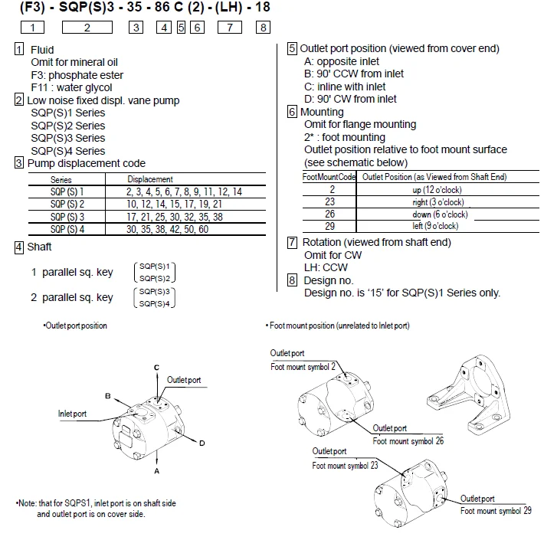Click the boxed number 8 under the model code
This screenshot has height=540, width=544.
263,28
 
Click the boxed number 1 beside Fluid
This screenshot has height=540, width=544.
19,49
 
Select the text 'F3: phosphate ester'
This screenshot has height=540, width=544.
77,75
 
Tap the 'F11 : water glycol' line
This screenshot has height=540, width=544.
77,87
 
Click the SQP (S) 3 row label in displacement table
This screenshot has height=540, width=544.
67,217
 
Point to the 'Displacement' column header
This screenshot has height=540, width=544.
149,179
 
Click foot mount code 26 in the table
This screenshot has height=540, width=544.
329,214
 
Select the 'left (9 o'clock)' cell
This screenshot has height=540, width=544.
435,226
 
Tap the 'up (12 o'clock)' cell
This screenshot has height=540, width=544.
435,188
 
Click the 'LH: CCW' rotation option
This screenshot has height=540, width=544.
326,267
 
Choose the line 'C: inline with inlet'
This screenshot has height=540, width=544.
345,87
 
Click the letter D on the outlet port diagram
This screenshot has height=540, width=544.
202,443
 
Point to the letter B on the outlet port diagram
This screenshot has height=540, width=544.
109,396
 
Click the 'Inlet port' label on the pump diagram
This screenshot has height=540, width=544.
73,414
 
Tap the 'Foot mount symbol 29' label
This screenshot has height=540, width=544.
496,511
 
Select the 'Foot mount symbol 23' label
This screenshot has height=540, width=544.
345,465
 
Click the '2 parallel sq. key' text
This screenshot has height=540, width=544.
72,297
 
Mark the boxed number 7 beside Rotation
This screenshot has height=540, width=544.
292,243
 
